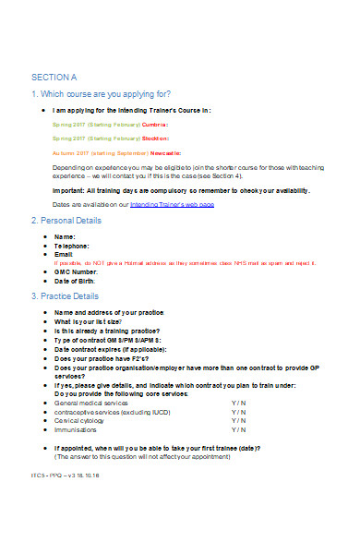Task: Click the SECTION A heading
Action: coord(54,77)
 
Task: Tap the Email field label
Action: coord(66,255)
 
